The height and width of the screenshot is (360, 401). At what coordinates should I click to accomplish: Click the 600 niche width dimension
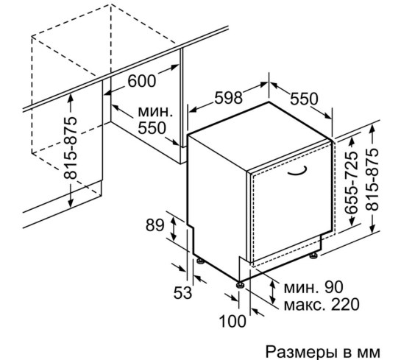tap(142, 81)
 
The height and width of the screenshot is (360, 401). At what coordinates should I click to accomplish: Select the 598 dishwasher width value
tap(228, 97)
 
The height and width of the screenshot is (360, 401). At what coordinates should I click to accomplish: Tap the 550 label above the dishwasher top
tap(304, 99)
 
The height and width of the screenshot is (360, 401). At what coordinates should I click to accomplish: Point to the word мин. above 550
tap(155, 112)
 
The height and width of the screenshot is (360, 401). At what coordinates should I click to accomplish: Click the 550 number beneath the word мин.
tap(152, 128)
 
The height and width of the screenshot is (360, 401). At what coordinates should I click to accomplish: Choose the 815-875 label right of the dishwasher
tap(372, 180)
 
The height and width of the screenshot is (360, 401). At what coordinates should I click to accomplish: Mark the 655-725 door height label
tap(350, 183)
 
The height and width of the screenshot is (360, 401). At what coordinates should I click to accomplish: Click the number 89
tap(155, 226)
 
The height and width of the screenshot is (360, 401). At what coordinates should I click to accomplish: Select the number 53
tap(182, 293)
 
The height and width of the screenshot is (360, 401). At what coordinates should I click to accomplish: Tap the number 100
tap(233, 321)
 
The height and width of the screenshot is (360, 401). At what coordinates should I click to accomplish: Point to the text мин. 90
tap(313, 287)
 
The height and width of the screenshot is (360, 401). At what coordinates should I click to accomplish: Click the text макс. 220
tap(322, 305)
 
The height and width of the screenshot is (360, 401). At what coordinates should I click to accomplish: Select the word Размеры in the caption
tap(300, 353)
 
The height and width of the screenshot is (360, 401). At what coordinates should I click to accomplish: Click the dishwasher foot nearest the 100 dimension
tap(240, 284)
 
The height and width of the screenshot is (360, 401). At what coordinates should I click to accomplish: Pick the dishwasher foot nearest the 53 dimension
tap(200, 261)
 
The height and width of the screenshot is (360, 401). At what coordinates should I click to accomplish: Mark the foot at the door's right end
tap(313, 255)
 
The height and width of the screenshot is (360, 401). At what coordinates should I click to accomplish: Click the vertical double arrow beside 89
tap(174, 228)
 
